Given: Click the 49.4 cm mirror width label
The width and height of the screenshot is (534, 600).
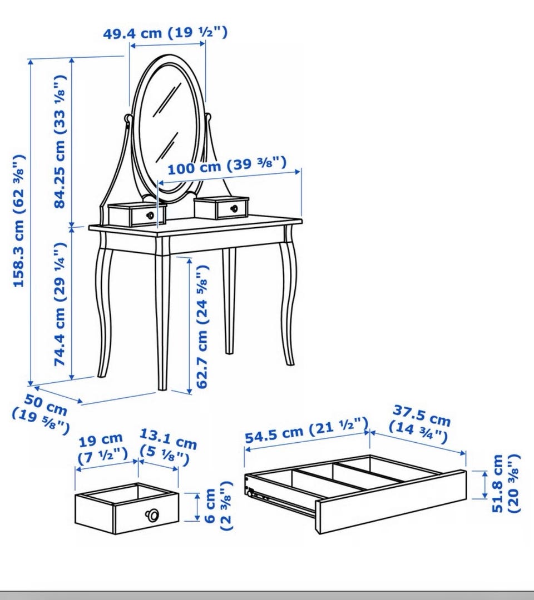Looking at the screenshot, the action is pyautogui.click(x=165, y=33).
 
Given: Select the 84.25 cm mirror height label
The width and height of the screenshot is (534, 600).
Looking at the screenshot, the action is pyautogui.click(x=60, y=142).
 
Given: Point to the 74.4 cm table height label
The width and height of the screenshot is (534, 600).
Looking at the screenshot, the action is pyautogui.click(x=60, y=304).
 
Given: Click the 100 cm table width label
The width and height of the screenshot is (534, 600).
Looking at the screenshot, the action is pyautogui.click(x=227, y=166).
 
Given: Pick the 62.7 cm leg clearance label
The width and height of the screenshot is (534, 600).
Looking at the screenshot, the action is pyautogui.click(x=202, y=327).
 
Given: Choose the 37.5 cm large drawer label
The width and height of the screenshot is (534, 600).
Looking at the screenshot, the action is pyautogui.click(x=420, y=423).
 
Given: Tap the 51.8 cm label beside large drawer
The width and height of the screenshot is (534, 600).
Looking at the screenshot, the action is pyautogui.click(x=506, y=483).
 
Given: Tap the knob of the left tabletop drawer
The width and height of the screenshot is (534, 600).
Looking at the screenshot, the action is pyautogui.click(x=150, y=215).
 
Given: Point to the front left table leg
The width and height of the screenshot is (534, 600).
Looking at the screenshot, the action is pyautogui.click(x=162, y=314).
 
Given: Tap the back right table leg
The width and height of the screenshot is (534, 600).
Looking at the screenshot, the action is pyautogui.click(x=229, y=301).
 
